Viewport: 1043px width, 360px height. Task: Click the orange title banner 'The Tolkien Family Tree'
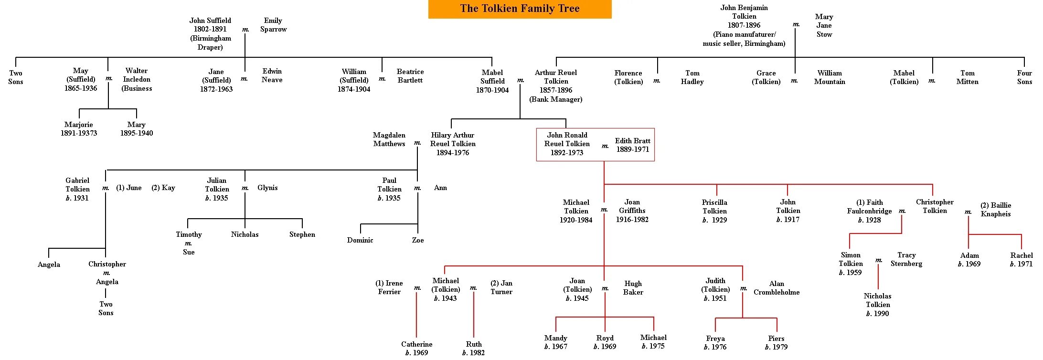tap(520, 9)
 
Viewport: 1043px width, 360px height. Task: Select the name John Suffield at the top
tap(210, 21)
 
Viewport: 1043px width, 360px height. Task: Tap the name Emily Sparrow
tap(273, 25)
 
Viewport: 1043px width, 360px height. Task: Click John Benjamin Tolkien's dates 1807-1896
tap(744, 25)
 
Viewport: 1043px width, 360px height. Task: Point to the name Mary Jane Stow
tap(824, 25)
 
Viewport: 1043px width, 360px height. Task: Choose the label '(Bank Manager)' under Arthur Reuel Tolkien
tap(556, 99)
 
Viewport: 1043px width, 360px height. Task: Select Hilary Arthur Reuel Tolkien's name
tap(453, 139)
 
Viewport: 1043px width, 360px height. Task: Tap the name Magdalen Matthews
tap(389, 139)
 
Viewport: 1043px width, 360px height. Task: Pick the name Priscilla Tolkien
tap(714, 207)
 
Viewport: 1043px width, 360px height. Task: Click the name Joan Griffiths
tap(632, 206)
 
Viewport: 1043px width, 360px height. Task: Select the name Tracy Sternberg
tap(906, 259)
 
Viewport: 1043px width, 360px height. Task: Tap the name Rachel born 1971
tap(1021, 255)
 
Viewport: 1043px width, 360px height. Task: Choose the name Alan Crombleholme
tap(777, 288)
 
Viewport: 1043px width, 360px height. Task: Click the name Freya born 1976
tap(715, 339)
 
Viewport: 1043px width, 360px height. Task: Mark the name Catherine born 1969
tap(416, 344)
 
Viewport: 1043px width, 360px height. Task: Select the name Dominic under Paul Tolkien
tap(360, 240)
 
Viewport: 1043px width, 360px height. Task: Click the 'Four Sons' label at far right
tap(1024, 77)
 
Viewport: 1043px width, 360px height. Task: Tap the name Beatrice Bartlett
tap(410, 76)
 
